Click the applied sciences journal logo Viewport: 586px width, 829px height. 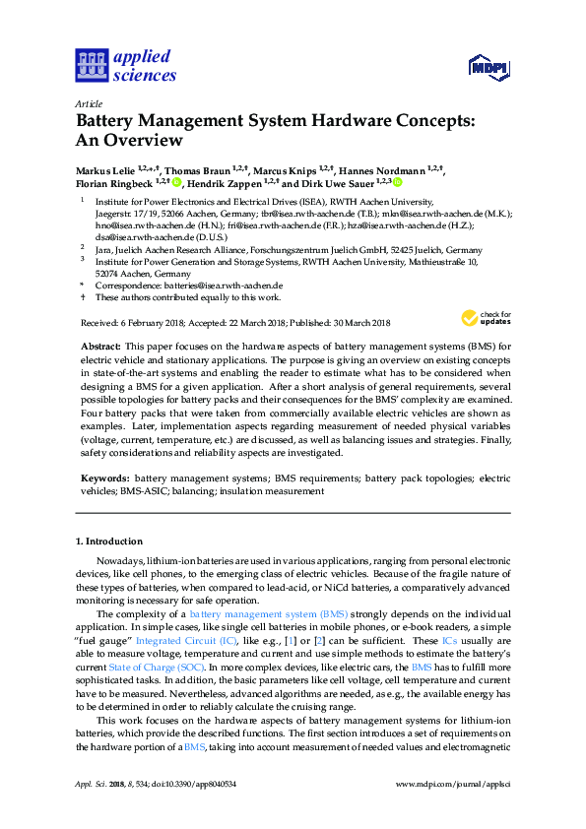click(125, 65)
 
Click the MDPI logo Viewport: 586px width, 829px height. click(488, 68)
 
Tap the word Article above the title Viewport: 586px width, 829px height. click(89, 103)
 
